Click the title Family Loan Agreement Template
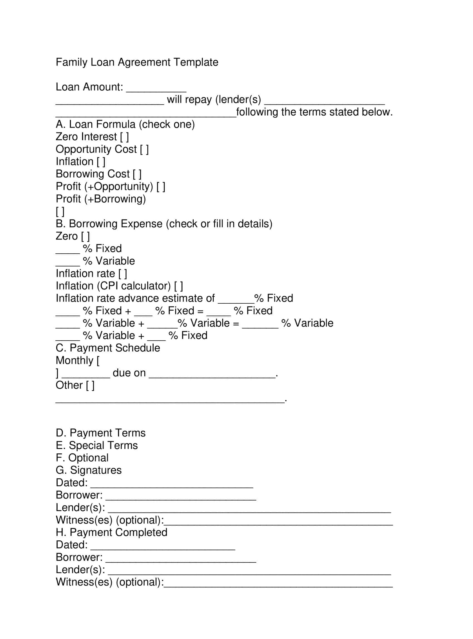pos(137,62)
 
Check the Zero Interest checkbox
pos(125,137)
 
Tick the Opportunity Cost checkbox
pos(144,149)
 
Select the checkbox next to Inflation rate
pos(122,274)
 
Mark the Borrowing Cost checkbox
pos(137,174)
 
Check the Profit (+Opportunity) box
pos(161,187)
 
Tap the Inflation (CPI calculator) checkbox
pos(178,286)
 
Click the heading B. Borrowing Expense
pos(164,224)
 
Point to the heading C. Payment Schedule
pos(108,348)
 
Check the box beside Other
pos(90,386)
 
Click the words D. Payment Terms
pos(100,433)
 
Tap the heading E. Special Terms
pos(97,445)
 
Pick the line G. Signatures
pos(88,470)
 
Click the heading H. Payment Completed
pos(111,532)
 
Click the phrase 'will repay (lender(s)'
pos(214,99)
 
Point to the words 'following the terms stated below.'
pos(314,112)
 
